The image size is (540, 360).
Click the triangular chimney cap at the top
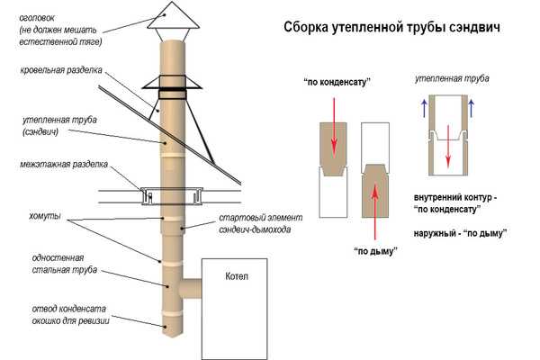click(173, 15)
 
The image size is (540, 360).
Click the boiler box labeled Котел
click(234, 309)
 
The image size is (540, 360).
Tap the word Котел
click(236, 276)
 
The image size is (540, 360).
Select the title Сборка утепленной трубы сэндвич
click(391, 27)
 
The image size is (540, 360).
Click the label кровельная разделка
click(61, 70)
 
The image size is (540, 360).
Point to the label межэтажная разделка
click(64, 165)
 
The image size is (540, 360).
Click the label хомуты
click(45, 216)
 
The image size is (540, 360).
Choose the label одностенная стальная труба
click(65, 264)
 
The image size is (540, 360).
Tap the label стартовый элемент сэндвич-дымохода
click(261, 223)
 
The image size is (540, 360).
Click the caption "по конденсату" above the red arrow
click(337, 83)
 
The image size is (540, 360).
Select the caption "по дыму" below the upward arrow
click(375, 251)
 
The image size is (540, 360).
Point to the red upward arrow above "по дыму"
click(375, 210)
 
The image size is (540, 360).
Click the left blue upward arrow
click(424, 109)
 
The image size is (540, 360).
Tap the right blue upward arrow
click(471, 109)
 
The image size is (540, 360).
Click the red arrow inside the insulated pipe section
click(448, 147)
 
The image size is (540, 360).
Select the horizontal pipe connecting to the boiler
click(190, 289)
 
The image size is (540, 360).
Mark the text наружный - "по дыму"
click(461, 233)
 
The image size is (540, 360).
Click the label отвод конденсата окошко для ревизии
click(70, 314)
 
